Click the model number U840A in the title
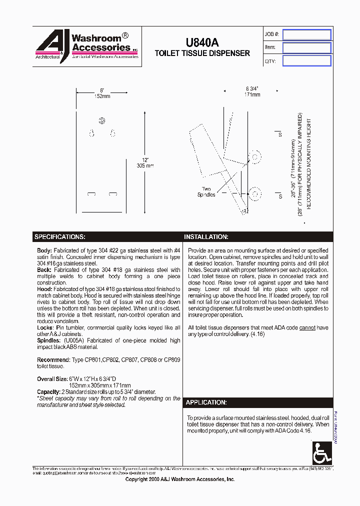pos(202,43)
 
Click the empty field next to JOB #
pos(306,34)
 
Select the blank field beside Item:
pos(306,47)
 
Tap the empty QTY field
pos(306,60)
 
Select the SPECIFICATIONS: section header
pos(59,236)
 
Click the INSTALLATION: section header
pos(206,236)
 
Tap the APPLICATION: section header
pos(206,402)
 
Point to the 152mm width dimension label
pos(101,96)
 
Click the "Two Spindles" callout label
pos(206,191)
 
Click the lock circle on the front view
pos(102,120)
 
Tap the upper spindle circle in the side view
pos(255,157)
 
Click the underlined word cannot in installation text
pos(306,327)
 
